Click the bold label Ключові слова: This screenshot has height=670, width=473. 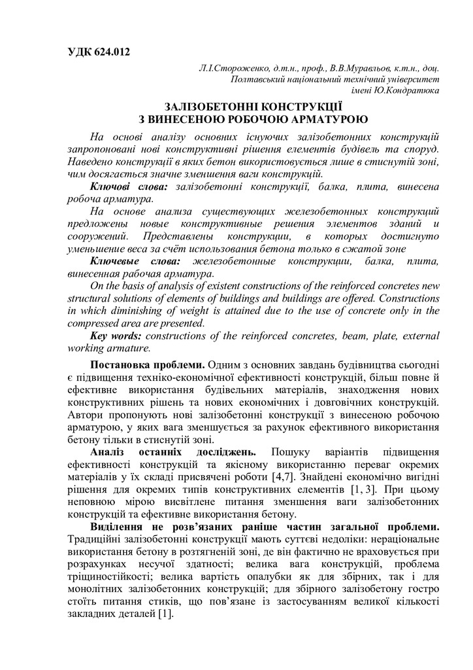tap(128, 187)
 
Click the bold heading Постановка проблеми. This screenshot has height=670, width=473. tap(148, 364)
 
